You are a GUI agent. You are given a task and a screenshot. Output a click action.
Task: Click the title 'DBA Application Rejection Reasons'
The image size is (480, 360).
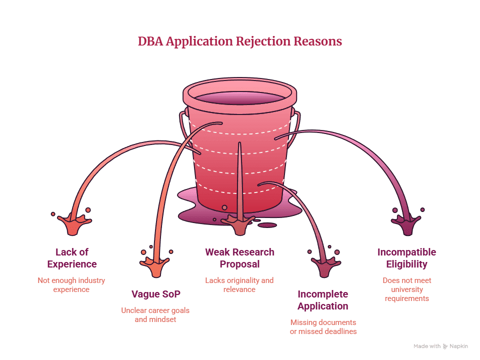pos(239,41)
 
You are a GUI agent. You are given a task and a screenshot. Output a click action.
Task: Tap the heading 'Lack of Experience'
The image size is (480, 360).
pos(72,258)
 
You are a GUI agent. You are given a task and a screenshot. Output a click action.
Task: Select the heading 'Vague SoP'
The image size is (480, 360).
pos(156,294)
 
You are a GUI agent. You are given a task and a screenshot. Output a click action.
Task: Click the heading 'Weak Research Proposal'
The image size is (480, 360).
pos(239,258)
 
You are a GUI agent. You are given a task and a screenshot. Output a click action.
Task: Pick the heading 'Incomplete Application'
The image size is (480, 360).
pos(323,300)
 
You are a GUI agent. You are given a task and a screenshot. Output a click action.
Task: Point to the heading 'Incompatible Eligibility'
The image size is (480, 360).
pos(407,258)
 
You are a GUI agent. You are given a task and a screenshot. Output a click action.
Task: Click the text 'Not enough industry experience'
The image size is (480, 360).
pos(71,285)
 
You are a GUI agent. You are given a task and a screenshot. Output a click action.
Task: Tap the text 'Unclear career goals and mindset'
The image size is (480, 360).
pos(155,315)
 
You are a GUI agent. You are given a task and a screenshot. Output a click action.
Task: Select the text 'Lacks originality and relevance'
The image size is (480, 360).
pos(239,285)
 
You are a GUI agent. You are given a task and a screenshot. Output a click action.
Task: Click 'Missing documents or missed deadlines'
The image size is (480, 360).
pos(323,327)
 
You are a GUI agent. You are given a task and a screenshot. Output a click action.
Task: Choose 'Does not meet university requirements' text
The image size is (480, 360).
pos(407,289)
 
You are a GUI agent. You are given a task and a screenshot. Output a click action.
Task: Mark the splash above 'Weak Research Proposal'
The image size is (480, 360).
pos(239,224)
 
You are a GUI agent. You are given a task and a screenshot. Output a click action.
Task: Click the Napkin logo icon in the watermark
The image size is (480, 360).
pos(445,346)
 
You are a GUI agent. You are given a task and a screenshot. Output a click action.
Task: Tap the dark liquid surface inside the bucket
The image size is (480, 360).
pos(239,98)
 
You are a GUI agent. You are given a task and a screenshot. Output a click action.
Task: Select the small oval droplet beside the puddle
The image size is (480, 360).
pos(267,225)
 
